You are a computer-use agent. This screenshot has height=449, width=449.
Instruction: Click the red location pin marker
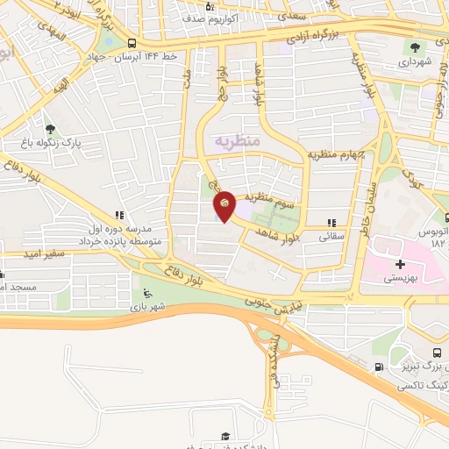click(x=224, y=204)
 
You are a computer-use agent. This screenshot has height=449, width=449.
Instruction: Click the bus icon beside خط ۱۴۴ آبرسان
click(x=132, y=43)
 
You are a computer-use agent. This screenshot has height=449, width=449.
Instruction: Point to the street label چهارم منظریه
click(x=336, y=153)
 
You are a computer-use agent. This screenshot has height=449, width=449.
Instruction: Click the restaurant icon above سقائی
click(x=331, y=223)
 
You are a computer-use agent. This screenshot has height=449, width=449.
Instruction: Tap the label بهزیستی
click(x=401, y=278)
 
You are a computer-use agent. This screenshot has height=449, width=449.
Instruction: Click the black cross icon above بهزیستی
click(x=401, y=264)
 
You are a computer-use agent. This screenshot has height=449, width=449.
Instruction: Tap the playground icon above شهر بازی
click(x=146, y=294)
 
